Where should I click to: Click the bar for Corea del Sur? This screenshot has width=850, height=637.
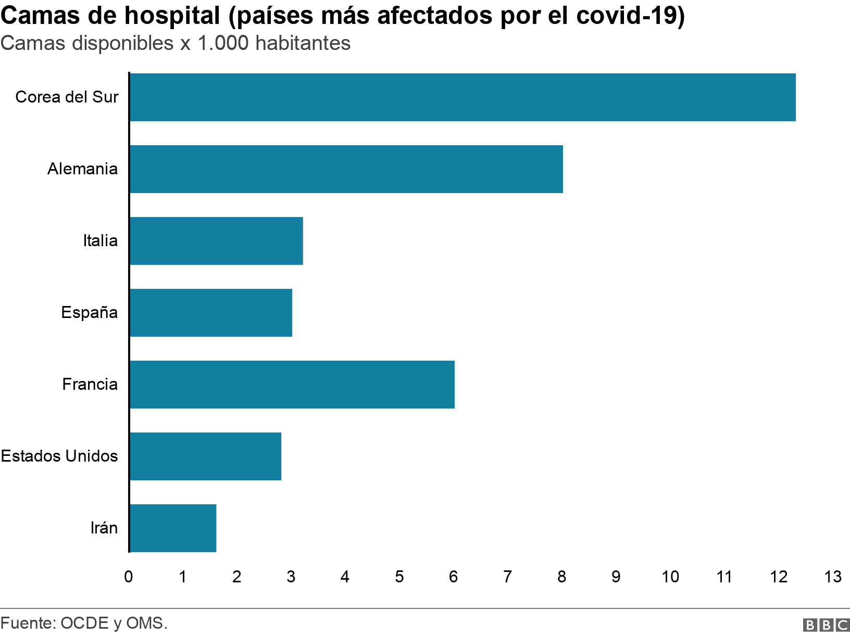(463, 97)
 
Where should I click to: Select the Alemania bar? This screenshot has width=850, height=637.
(346, 169)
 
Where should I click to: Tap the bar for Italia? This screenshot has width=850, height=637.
(216, 241)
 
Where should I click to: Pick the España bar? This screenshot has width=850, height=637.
(211, 313)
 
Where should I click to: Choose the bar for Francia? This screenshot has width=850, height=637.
(292, 385)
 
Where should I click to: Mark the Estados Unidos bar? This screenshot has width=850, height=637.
(205, 456)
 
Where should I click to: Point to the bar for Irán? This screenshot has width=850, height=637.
(173, 528)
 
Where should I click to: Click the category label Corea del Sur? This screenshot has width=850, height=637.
(67, 97)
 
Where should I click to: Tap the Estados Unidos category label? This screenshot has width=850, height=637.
(59, 456)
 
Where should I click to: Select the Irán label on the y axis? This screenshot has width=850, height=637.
(104, 528)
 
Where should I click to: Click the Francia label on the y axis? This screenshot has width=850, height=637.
(90, 385)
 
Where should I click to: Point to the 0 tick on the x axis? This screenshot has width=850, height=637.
(129, 577)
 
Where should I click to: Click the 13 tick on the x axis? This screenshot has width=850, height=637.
(833, 577)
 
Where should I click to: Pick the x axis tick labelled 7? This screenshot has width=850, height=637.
(508, 577)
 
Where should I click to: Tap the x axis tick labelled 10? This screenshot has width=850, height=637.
(670, 577)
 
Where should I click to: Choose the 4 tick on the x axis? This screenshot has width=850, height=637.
(345, 577)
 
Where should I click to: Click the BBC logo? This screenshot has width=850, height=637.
(826, 625)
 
